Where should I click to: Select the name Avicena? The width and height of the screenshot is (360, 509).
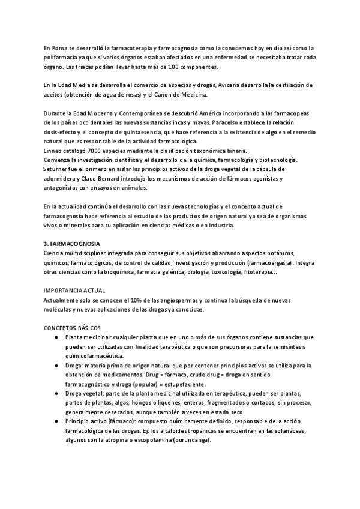[229, 85]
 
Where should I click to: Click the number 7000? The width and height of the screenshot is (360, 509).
[97, 151]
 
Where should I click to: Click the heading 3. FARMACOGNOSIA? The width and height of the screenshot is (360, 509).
[71, 244]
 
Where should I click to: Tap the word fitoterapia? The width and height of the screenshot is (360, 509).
[259, 272]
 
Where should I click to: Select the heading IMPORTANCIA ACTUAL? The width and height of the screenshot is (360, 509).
[74, 291]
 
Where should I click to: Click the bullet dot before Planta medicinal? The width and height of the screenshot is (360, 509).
[55, 337]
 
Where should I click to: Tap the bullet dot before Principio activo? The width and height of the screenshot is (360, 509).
[55, 421]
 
